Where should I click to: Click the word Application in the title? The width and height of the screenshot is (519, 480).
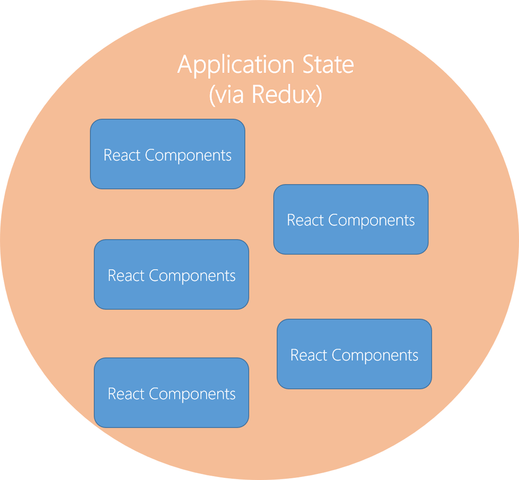236,65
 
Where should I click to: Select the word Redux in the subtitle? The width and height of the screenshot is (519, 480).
284,95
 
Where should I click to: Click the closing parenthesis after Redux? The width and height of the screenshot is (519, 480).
319,95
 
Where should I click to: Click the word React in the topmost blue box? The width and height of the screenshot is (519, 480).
122,155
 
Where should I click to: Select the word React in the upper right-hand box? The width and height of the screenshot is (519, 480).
305,220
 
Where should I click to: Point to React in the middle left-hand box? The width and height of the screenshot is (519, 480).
126,276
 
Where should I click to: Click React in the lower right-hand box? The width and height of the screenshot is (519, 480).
309,355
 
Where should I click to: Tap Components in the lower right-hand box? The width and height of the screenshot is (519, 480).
375,355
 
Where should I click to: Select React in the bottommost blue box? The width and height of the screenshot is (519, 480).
126,394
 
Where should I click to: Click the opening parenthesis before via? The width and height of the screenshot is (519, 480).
212,95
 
